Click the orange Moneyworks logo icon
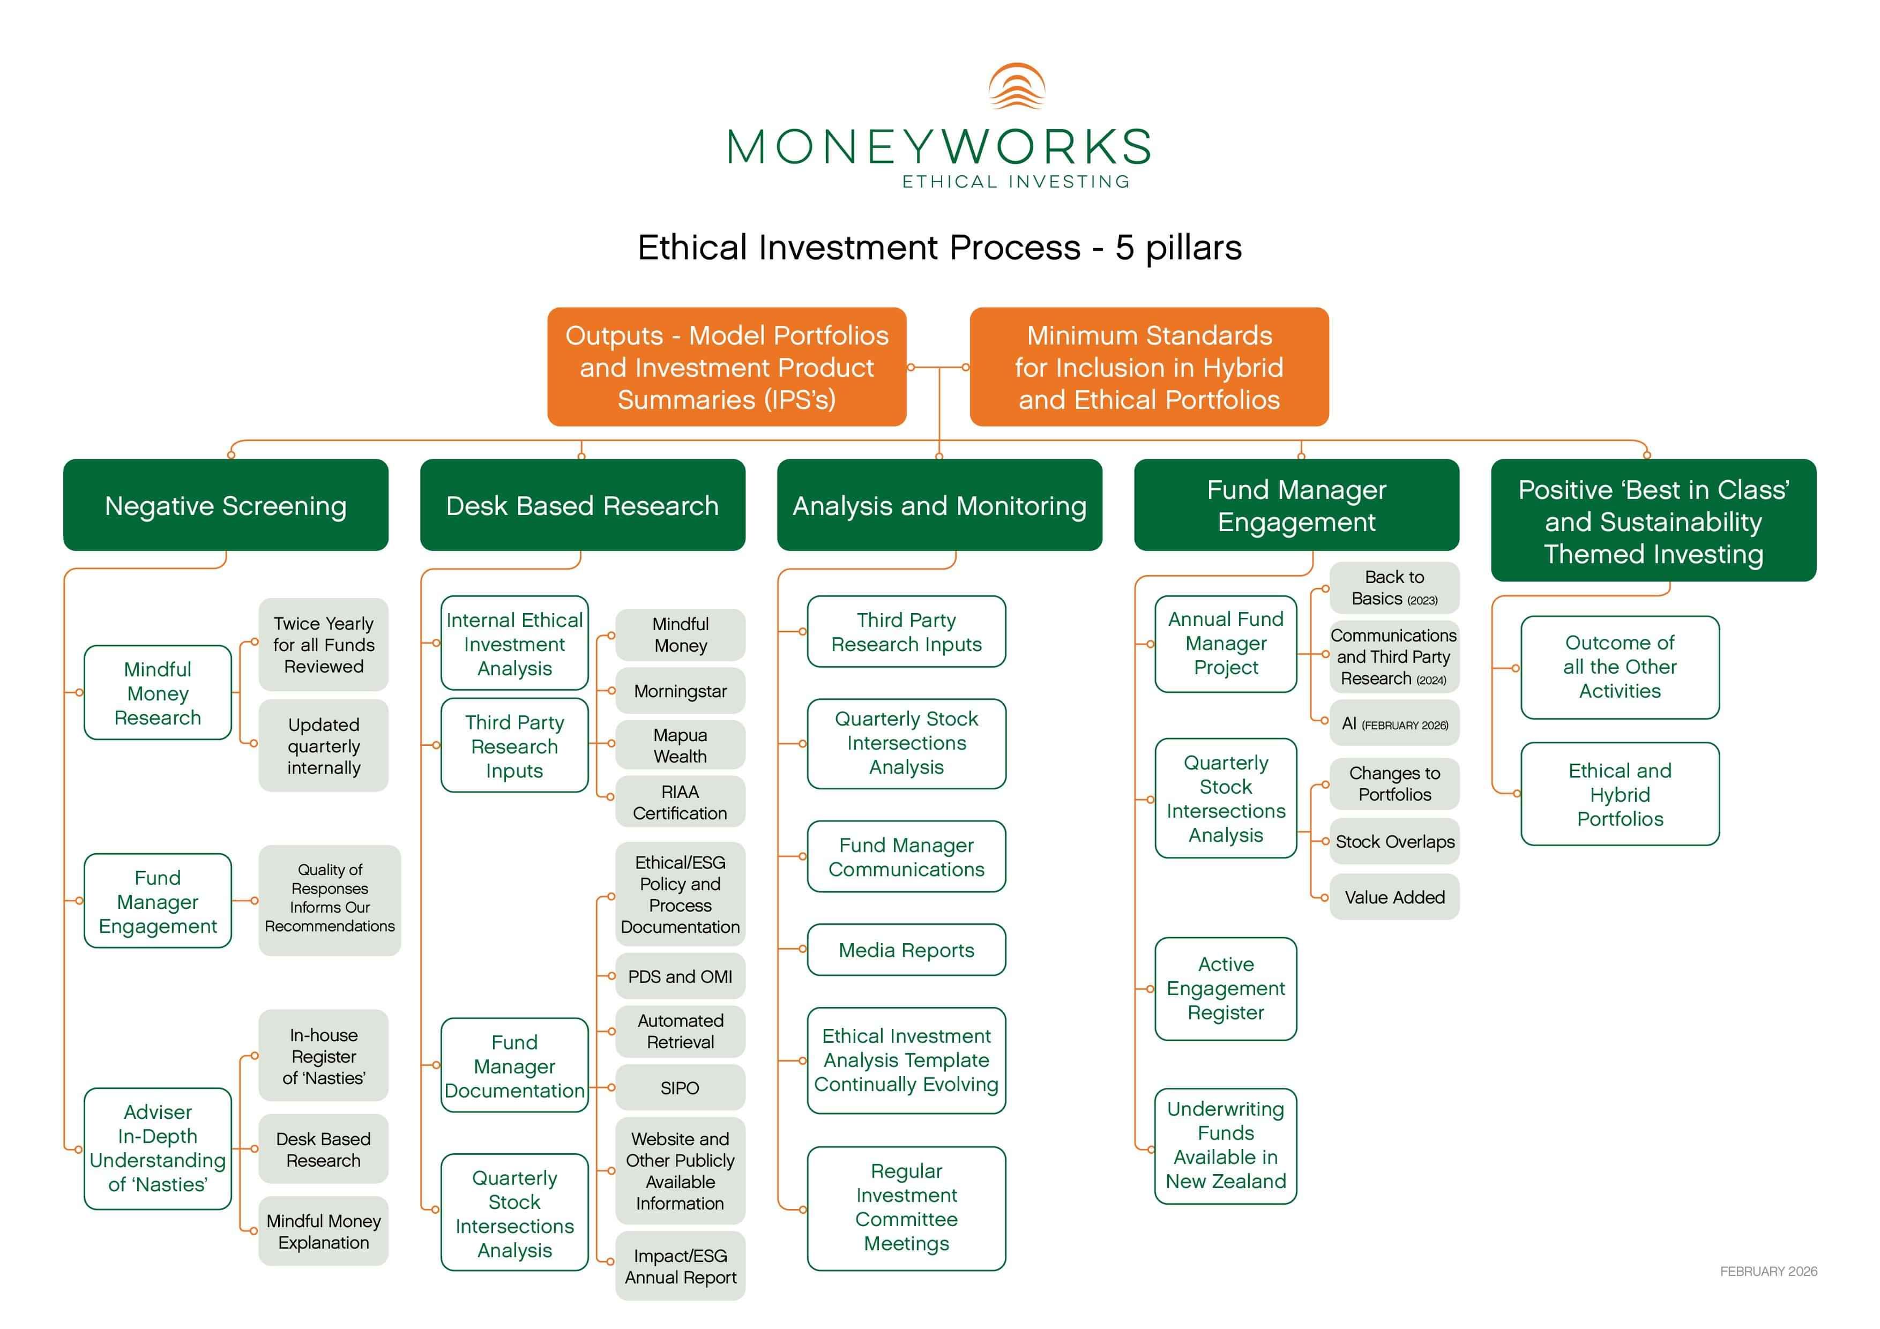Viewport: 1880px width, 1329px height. (1016, 86)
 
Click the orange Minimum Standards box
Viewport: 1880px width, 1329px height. (1149, 367)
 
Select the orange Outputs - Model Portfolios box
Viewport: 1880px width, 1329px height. (726, 367)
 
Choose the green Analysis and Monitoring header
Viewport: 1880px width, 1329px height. (939, 505)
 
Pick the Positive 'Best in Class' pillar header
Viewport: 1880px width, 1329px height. (1653, 521)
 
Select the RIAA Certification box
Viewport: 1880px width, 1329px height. (680, 802)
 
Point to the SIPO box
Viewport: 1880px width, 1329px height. (680, 1087)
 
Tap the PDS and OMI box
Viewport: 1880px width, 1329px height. (680, 976)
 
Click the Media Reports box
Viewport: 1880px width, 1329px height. (906, 950)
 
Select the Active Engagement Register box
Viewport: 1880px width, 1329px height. (1226, 988)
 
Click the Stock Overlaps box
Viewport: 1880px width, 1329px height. (1394, 841)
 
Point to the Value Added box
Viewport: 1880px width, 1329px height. (1394, 897)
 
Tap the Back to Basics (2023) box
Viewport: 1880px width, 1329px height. (1394, 588)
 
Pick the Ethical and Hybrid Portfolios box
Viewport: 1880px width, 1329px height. (1620, 794)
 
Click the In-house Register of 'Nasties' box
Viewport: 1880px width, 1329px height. (324, 1056)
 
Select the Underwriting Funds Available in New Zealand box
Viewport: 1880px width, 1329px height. (1226, 1145)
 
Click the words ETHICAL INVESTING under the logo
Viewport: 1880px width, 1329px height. (1016, 182)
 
